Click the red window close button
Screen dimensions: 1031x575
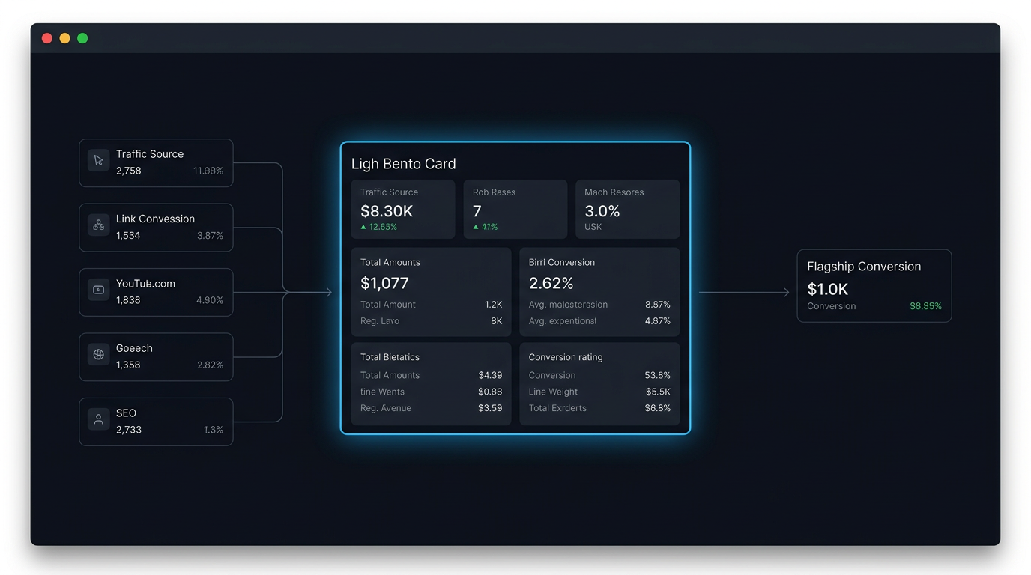pos(47,38)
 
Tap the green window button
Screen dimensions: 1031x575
pos(82,38)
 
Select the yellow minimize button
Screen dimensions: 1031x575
pos(65,38)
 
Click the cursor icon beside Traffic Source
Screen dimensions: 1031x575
pos(98,160)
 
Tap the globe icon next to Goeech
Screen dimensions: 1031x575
pos(98,354)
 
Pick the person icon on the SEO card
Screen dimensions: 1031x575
pos(98,419)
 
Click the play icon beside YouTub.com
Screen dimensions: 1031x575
pos(98,290)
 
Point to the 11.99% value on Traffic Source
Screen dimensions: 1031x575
pos(208,171)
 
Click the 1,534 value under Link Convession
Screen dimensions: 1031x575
pos(128,236)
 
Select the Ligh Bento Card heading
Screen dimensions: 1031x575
pos(403,164)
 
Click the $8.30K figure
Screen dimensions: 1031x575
pos(387,211)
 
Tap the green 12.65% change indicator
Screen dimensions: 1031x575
pos(378,227)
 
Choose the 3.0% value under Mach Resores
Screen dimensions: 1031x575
pos(602,211)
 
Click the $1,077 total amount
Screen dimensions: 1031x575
pos(384,283)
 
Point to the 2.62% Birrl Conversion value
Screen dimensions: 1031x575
pos(551,283)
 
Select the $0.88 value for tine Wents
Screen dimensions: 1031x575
pos(490,392)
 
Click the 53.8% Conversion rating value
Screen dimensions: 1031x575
pos(657,375)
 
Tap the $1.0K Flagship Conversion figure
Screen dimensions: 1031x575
pos(827,289)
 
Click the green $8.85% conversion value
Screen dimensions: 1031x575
pos(925,306)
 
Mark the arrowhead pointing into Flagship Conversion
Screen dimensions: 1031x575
pos(787,292)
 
